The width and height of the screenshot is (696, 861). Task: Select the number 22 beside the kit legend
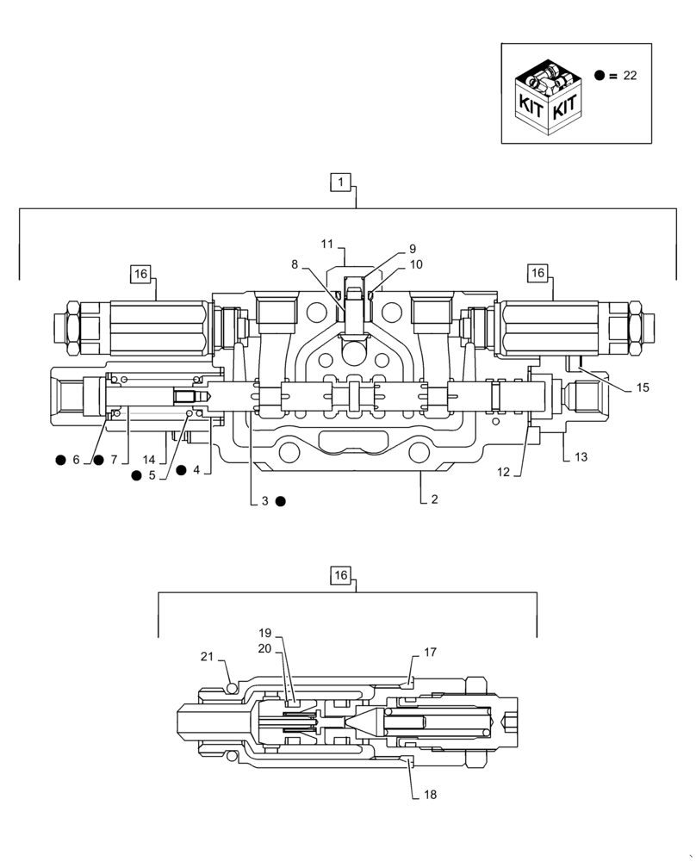tap(630, 76)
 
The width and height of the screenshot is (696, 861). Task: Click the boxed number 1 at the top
tap(341, 182)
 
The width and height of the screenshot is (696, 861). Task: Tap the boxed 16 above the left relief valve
tap(140, 274)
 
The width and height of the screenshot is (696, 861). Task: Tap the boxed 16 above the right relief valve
tap(538, 273)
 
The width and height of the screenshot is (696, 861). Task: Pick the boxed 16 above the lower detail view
tap(341, 575)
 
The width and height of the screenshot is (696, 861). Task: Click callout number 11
tap(327, 244)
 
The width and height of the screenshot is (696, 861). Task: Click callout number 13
tap(581, 457)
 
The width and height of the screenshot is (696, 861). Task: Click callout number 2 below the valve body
tap(434, 499)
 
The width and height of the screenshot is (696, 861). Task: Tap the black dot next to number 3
tap(281, 500)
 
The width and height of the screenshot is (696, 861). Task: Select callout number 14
tap(149, 460)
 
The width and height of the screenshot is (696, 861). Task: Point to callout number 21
tap(207, 657)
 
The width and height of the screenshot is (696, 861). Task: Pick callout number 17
tap(431, 653)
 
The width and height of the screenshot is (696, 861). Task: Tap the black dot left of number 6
tap(60, 460)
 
